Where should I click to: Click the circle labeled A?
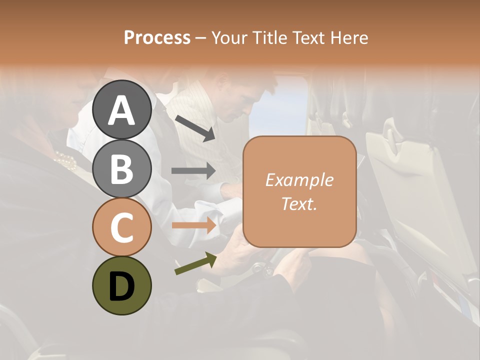coord(121,109)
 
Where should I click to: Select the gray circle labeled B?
coord(121,168)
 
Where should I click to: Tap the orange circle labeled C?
coord(121,227)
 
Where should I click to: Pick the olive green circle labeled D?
coord(121,285)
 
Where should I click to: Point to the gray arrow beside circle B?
coord(193,170)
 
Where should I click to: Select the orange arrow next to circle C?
coord(193,225)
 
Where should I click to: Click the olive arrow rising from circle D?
coord(195,263)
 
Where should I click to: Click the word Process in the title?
coord(157,37)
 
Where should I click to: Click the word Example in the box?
coord(299,180)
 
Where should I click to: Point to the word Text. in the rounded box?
coord(299,203)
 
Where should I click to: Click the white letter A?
coord(121,110)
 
